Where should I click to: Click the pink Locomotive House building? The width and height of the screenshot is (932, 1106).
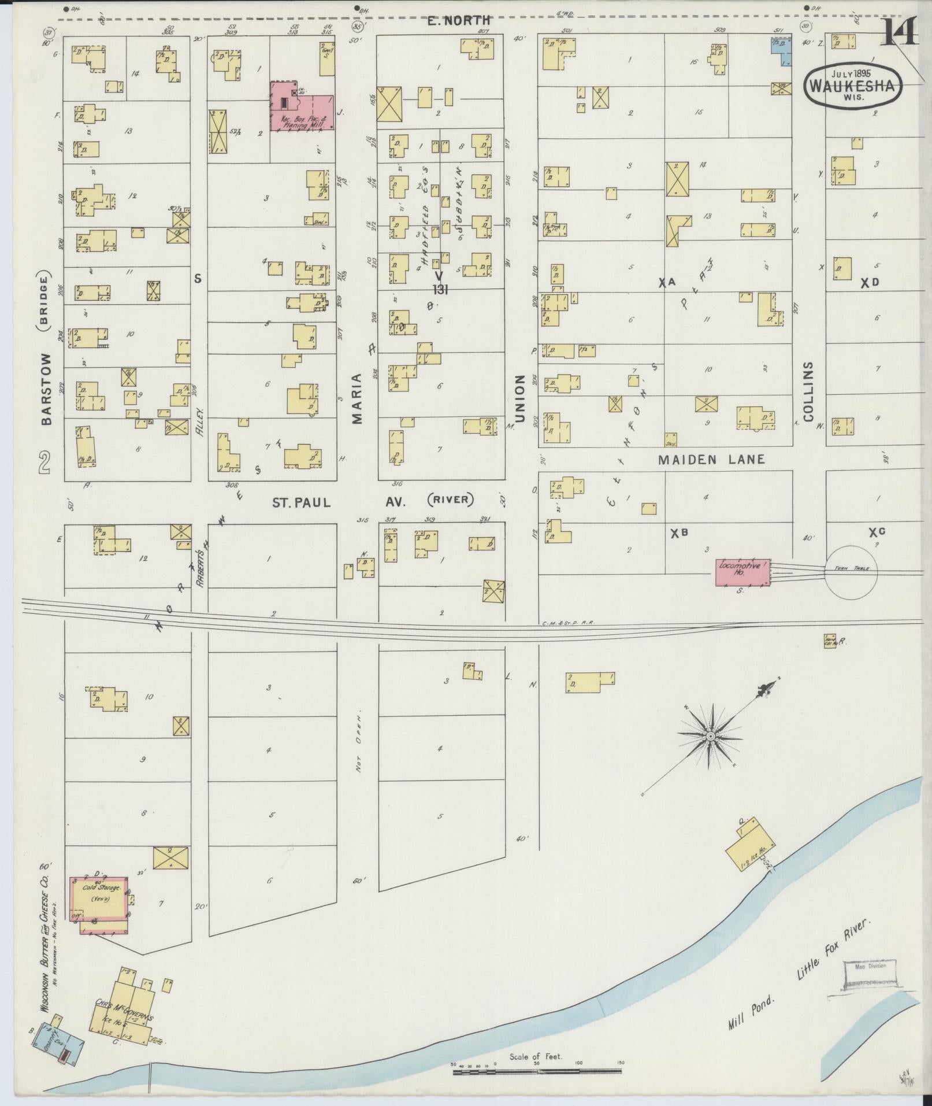pos(743,572)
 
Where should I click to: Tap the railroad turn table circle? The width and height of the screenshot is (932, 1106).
pos(851,569)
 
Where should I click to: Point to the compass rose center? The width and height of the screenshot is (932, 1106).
pos(710,737)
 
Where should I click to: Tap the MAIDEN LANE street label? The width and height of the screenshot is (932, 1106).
pos(712,459)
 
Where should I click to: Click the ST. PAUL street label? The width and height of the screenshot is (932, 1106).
pos(302,502)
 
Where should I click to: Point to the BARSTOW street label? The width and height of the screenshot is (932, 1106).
pos(47,389)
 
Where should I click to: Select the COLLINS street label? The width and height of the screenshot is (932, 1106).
pos(807,391)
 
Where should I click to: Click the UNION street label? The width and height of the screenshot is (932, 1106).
pos(520,398)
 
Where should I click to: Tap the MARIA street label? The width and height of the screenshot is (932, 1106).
pos(357,398)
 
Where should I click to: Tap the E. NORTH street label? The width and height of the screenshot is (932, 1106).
pos(458,21)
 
